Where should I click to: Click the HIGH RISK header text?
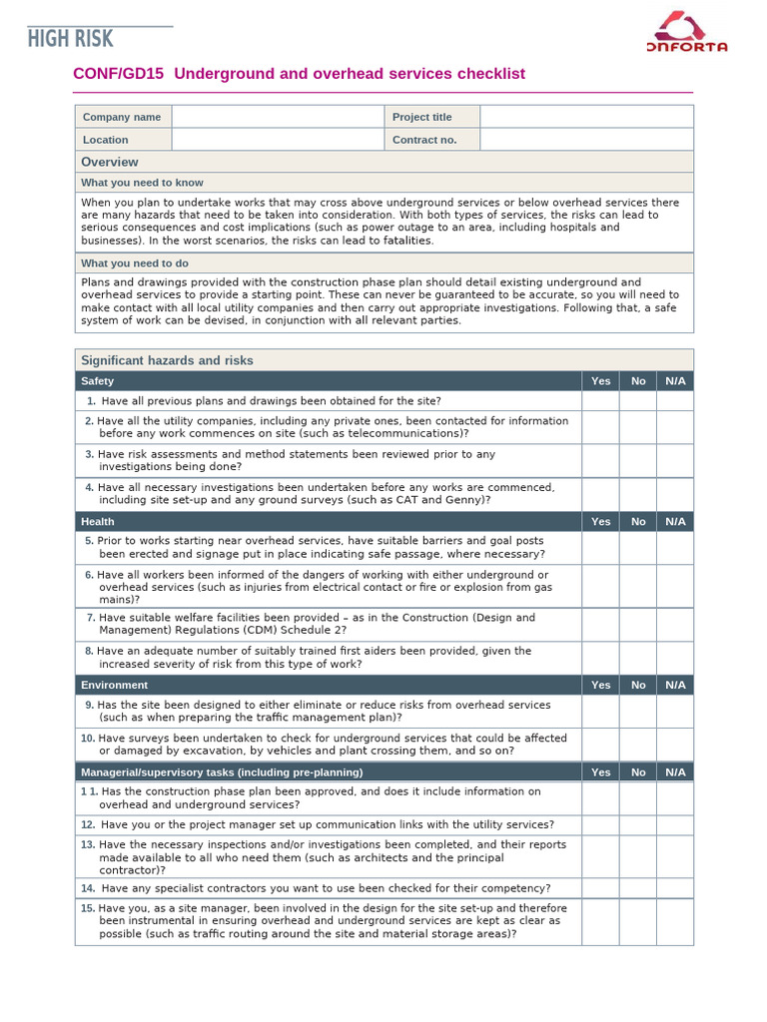(71, 39)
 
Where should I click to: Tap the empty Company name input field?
(278, 117)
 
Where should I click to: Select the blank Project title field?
(586, 117)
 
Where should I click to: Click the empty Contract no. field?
(586, 140)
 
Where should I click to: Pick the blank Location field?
(278, 140)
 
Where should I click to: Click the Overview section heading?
(110, 162)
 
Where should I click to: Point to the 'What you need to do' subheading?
(135, 263)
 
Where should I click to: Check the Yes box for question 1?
(600, 401)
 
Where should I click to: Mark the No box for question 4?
(638, 494)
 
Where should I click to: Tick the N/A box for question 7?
(675, 625)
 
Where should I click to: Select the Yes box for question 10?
(600, 745)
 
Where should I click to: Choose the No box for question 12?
(638, 825)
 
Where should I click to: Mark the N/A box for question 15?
(675, 922)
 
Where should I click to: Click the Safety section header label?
(98, 381)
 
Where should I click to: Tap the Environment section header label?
(114, 686)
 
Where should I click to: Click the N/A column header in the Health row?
(675, 522)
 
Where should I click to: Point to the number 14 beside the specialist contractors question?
(88, 888)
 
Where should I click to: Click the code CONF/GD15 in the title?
(118, 75)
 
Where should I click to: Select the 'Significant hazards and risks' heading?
(167, 360)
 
